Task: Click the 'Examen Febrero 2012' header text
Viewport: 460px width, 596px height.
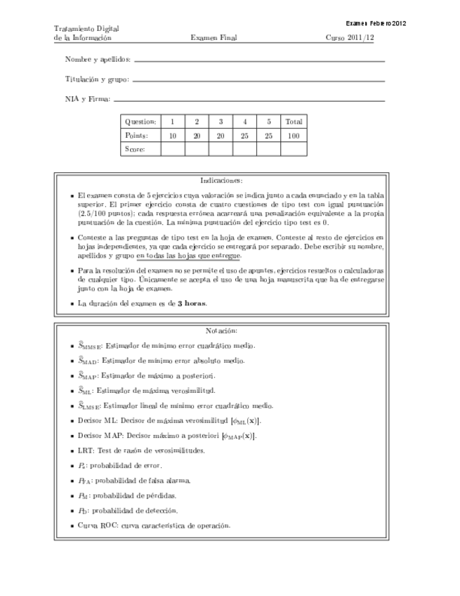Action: (376, 22)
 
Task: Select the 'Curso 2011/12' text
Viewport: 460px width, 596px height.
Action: (350, 38)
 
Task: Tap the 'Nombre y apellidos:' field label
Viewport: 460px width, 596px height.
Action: (98, 60)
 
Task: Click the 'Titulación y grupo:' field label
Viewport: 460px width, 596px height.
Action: (97, 79)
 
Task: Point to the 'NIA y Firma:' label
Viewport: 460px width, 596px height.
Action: (87, 100)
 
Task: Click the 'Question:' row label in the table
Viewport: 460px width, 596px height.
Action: (140, 122)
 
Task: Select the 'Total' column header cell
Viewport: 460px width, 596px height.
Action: (294, 122)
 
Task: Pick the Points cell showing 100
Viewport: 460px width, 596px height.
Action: (294, 135)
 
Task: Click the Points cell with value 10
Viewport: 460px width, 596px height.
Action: (172, 135)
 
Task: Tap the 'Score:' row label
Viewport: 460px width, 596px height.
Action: (135, 149)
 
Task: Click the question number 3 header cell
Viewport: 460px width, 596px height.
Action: (221, 122)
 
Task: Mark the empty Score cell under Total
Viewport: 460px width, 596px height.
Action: (294, 149)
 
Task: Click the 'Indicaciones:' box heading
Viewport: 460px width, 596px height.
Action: (221, 181)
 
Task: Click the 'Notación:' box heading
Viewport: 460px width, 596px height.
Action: (221, 330)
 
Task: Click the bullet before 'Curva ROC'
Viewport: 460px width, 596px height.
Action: (72, 526)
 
